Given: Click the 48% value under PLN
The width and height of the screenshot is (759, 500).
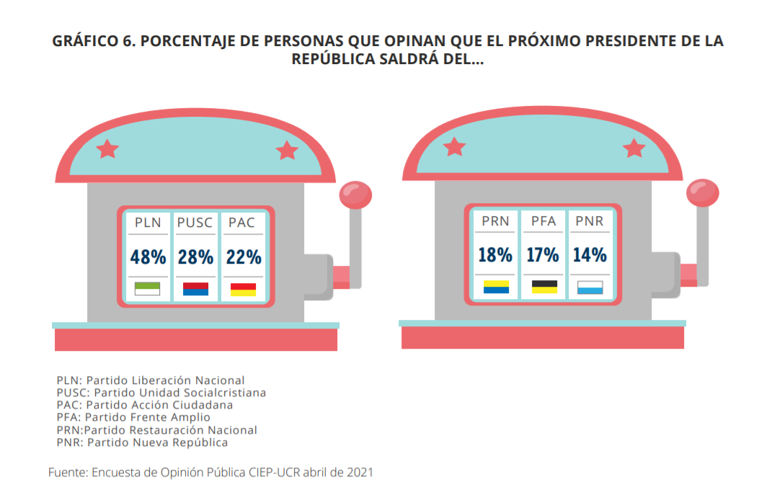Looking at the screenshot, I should pos(148,256).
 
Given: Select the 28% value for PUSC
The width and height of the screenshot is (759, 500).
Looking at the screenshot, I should pos(195,256).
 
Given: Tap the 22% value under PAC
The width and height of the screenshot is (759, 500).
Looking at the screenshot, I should pos(243,256).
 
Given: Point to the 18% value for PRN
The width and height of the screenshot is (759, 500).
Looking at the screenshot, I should pos(495,254).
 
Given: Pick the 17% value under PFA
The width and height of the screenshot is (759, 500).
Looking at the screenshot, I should pos(543,254).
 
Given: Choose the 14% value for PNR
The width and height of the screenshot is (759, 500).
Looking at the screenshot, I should pos(590,254).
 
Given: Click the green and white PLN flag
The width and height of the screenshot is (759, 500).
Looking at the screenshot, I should pos(147,289).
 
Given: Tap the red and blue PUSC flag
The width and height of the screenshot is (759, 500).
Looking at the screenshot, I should pos(195,289).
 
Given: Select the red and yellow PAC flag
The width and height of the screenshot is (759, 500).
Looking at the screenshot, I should pos(243,289).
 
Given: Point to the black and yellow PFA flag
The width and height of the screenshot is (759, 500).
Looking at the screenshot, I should pos(543,287).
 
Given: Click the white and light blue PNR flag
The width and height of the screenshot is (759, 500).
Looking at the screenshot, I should pos(590,287).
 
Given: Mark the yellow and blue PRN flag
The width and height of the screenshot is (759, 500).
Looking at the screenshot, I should pos(496,287).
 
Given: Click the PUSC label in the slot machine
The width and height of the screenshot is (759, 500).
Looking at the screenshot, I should pos(195,223).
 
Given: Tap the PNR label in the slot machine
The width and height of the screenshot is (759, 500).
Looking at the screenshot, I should pos(590,220).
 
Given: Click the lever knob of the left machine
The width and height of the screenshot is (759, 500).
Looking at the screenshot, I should pos(355,195).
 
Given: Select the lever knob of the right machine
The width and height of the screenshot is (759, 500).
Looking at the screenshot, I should pos(703,192).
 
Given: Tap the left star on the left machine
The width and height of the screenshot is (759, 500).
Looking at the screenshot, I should pos(108,149).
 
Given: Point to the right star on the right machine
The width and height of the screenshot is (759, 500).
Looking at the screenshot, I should pos(634,148).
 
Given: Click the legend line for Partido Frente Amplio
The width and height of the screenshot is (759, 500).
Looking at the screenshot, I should pos(133,417).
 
